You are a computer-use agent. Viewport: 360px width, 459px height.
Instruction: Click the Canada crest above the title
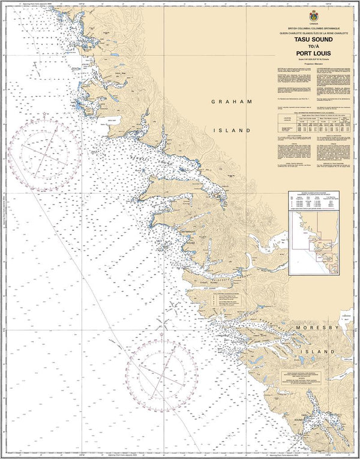click(x=310, y=17)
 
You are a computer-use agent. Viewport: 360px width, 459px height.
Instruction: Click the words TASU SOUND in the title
click(x=310, y=39)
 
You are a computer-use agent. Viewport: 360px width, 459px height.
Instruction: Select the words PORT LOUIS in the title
click(x=310, y=52)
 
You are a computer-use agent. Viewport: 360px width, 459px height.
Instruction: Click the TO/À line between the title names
click(x=310, y=46)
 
